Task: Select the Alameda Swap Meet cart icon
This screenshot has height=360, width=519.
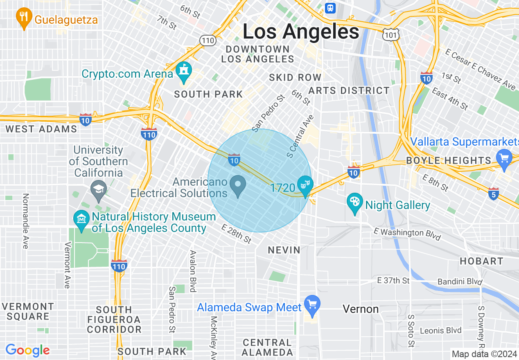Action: click(x=313, y=305)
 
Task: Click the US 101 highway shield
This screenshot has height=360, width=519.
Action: click(x=391, y=35)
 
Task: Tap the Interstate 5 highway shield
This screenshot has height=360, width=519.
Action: click(x=494, y=194)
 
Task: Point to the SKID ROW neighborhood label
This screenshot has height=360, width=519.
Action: click(x=295, y=77)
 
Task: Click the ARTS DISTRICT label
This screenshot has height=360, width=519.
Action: click(x=349, y=90)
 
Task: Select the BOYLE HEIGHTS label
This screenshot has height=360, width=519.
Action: click(x=449, y=160)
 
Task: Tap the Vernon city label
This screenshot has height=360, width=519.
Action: click(x=361, y=309)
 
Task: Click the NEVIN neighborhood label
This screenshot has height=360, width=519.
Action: click(x=284, y=250)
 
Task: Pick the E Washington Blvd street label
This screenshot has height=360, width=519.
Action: click(x=407, y=234)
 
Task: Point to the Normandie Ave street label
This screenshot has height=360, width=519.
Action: click(x=25, y=221)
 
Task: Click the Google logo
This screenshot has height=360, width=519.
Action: click(x=27, y=351)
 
